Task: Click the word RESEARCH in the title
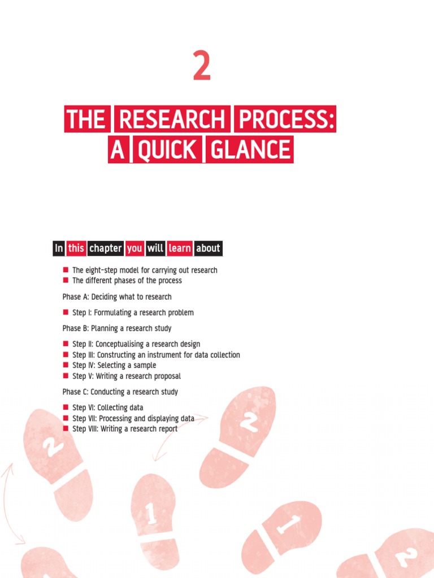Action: (172, 120)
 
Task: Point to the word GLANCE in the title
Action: (249, 150)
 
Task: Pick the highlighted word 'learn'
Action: (180, 248)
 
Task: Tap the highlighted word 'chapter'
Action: (105, 248)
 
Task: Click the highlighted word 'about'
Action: (208, 248)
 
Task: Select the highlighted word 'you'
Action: (134, 248)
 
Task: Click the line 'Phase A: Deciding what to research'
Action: (117, 297)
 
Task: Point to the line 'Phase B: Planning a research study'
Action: (117, 329)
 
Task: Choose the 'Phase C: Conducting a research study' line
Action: (120, 392)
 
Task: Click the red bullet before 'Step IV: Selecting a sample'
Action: (66, 366)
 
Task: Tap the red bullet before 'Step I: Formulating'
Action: (66, 313)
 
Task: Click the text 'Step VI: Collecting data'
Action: (107, 408)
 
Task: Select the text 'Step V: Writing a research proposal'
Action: (127, 376)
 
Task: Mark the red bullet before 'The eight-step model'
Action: (66, 270)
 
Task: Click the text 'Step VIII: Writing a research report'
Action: (125, 429)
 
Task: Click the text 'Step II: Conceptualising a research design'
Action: (136, 344)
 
